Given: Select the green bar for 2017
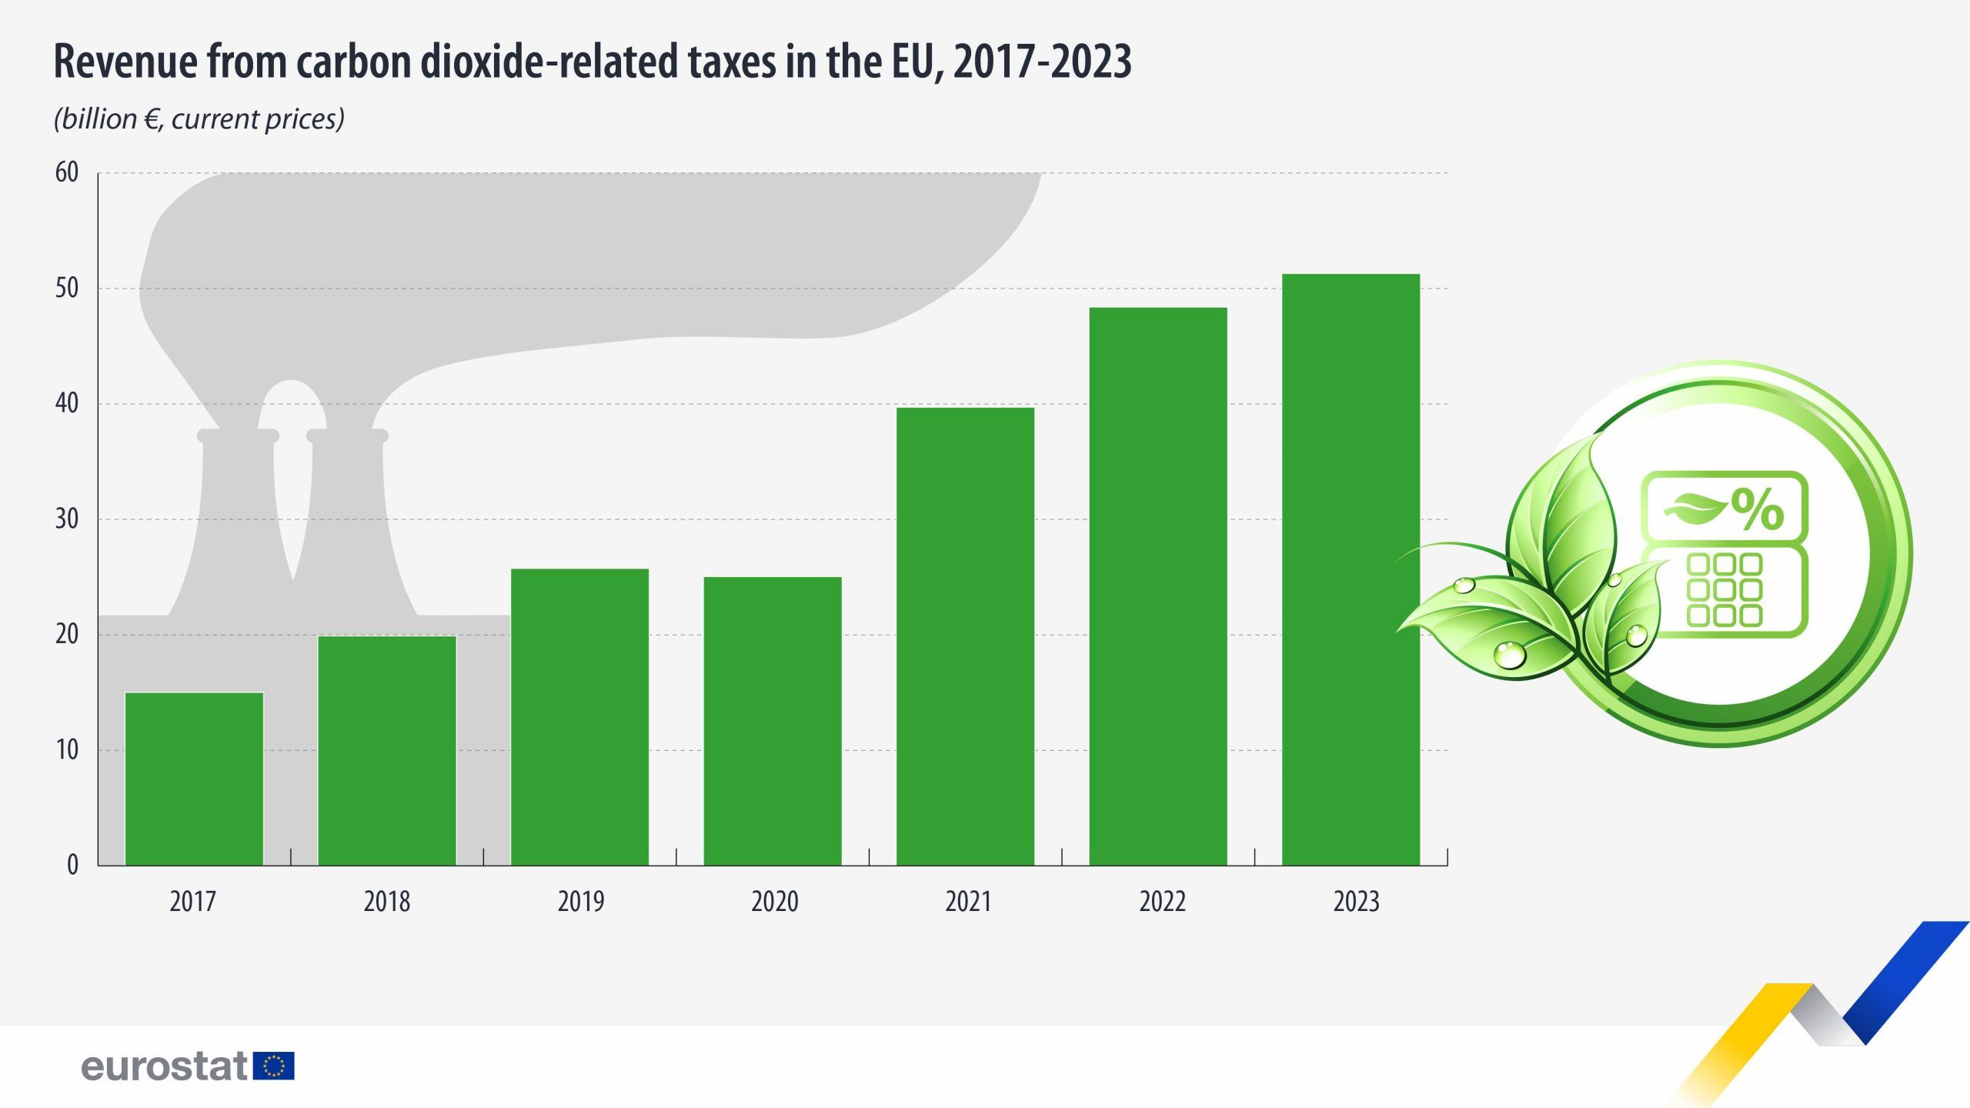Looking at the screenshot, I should [x=194, y=779].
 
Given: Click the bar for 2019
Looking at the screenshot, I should [x=579, y=717].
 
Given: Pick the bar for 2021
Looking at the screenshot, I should [x=965, y=636].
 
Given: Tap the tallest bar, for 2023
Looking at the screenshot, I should [x=1351, y=569].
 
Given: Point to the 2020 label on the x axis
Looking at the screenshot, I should [x=774, y=901].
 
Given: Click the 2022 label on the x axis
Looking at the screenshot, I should [x=1162, y=901].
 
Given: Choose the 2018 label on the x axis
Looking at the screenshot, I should [x=386, y=901].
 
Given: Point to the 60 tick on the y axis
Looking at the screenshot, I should [x=67, y=172].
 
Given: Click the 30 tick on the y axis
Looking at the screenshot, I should [x=67, y=519].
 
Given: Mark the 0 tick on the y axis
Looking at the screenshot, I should [x=72, y=865].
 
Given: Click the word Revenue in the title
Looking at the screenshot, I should [x=125, y=62].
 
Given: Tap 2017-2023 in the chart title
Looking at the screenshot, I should [x=1042, y=62].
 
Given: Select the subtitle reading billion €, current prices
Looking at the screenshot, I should [x=199, y=119].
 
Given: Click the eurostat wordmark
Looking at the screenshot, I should [x=164, y=1066].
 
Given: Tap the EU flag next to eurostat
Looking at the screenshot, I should [x=273, y=1066].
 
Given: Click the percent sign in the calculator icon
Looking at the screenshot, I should [x=1758, y=509].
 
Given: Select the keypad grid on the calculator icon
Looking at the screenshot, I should [x=1724, y=589].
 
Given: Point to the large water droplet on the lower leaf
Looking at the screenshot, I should [x=1509, y=655].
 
